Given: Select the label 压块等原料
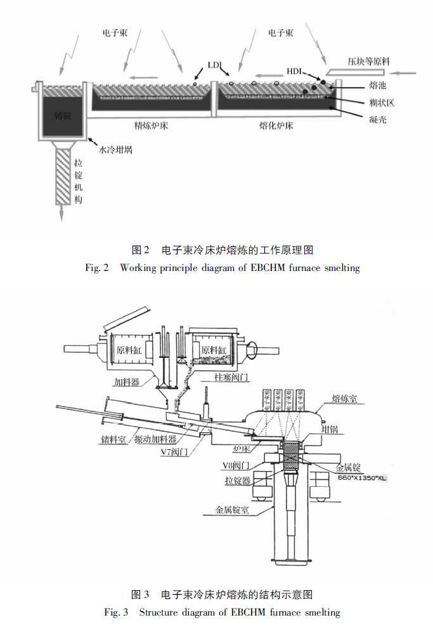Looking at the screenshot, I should point(368,62).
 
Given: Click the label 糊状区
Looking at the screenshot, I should point(381,102).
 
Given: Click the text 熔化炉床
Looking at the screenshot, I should point(276,125).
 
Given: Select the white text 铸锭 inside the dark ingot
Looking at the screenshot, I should point(63,115).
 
